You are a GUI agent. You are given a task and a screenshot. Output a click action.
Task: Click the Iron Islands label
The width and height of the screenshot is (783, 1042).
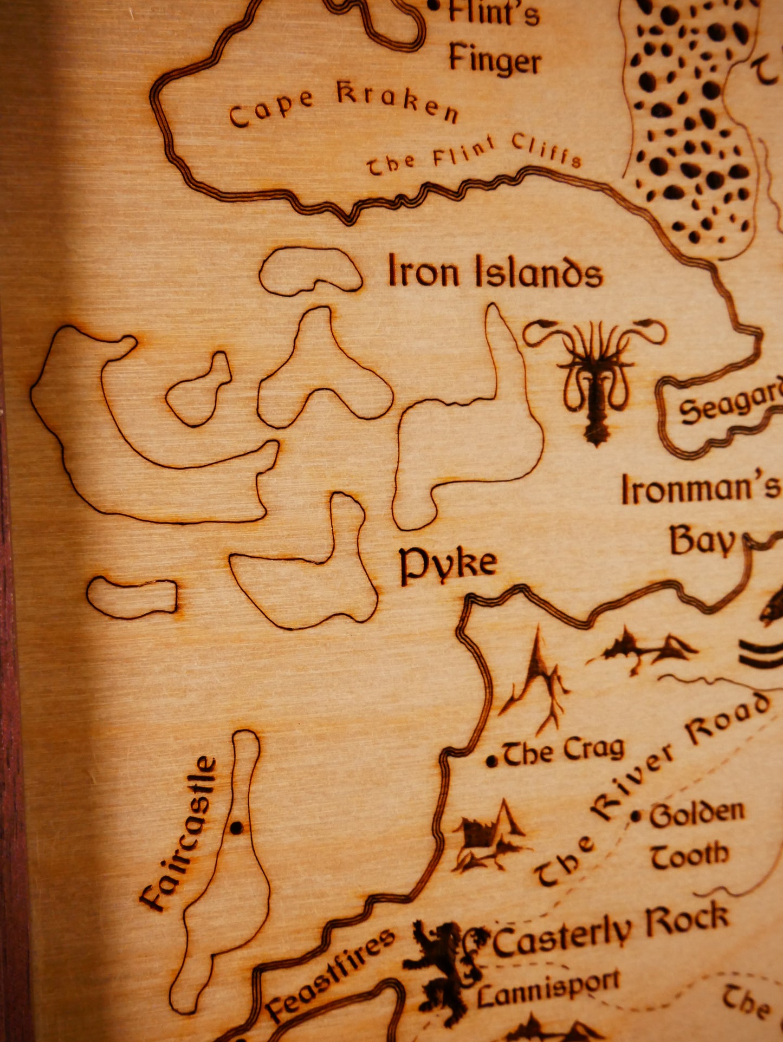coord(495,271)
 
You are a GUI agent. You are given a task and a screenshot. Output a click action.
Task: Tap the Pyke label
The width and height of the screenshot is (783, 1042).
coord(448,564)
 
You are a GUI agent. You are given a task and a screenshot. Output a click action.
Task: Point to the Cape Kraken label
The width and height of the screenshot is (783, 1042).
coord(344,104)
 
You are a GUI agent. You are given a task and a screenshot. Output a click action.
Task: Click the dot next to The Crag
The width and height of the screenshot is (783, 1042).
coord(491,761)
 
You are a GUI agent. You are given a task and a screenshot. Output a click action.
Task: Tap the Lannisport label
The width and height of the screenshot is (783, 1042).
coord(548,989)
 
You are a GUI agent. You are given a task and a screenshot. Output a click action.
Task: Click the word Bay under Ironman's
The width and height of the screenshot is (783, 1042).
coord(703,541)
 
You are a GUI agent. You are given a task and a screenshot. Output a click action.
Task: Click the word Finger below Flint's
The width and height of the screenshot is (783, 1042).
coord(494,60)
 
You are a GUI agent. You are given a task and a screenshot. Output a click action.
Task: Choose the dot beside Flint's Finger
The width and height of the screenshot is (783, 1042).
coord(433,6)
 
